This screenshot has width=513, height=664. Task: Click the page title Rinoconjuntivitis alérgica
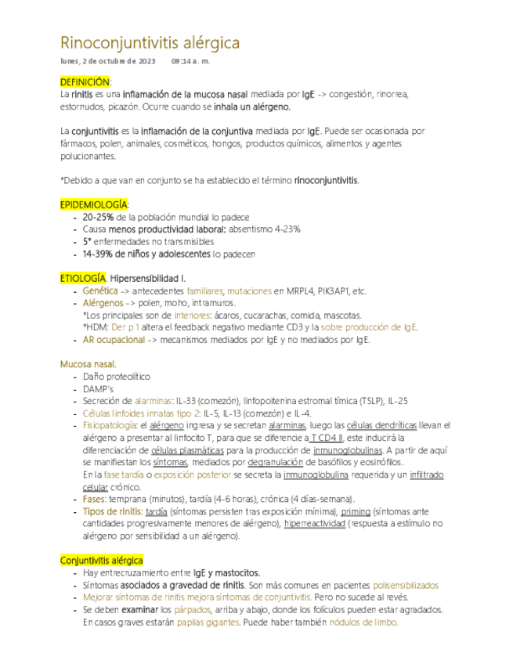pyautogui.click(x=150, y=42)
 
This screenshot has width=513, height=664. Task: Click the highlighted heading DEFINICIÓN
pyautogui.click(x=85, y=81)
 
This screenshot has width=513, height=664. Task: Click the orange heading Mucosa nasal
pyautogui.click(x=89, y=364)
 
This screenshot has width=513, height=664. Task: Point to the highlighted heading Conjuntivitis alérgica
pyautogui.click(x=102, y=561)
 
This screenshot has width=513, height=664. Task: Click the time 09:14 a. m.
pyautogui.click(x=190, y=61)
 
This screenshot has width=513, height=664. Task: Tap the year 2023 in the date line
pyautogui.click(x=145, y=61)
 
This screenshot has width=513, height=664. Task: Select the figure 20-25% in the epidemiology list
pyautogui.click(x=99, y=217)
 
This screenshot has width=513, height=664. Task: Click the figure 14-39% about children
pyautogui.click(x=99, y=254)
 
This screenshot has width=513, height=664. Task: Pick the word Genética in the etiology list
pyautogui.click(x=100, y=290)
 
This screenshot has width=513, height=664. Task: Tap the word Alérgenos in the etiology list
pyautogui.click(x=103, y=303)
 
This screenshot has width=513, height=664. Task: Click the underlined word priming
pyautogui.click(x=356, y=511)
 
